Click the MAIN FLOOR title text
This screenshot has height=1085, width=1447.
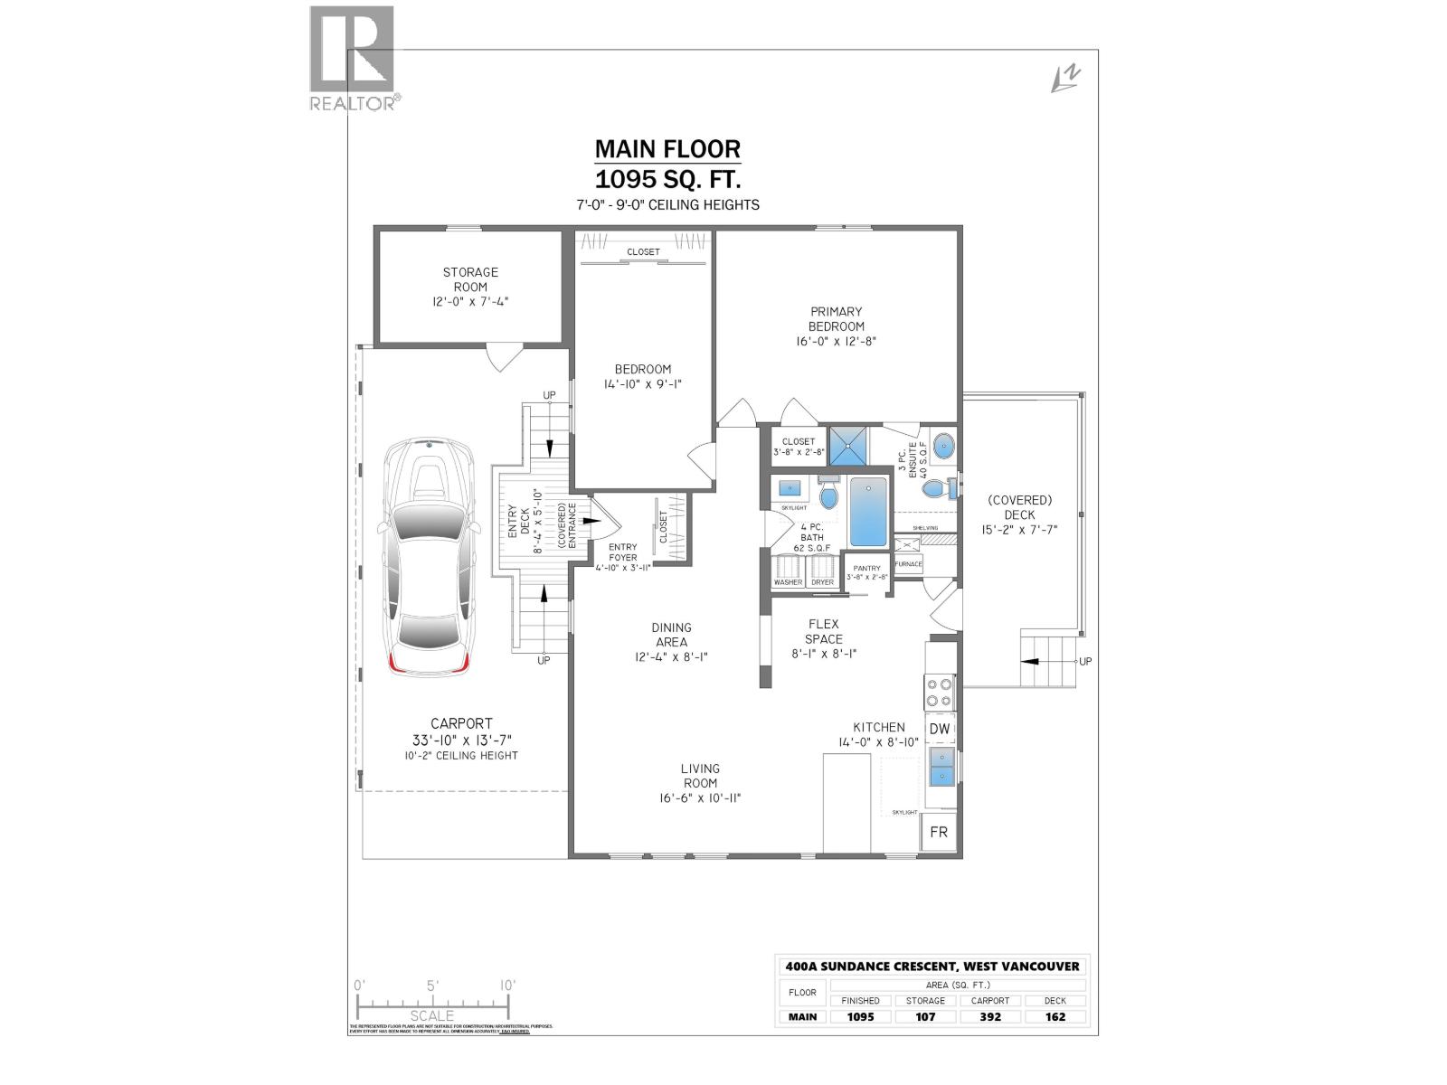click(x=667, y=148)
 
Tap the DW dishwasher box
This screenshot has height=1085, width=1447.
click(x=940, y=729)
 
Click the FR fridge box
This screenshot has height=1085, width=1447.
click(x=939, y=832)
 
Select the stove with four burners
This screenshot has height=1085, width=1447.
click(x=940, y=693)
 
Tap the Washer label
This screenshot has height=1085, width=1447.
click(x=788, y=582)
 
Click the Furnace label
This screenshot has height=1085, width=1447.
click(x=908, y=564)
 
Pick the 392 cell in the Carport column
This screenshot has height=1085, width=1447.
click(x=990, y=1016)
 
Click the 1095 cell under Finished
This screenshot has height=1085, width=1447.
click(x=860, y=1016)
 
